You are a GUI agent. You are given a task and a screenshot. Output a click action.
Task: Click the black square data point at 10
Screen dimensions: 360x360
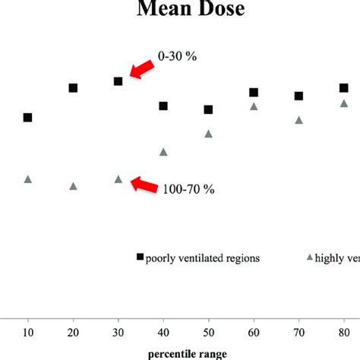pyautogui.click(x=28, y=118)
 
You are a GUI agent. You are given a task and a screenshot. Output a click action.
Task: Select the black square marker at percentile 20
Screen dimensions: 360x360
pyautogui.click(x=73, y=88)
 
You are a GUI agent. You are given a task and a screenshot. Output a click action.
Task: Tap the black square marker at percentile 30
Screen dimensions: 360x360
pyautogui.click(x=118, y=81)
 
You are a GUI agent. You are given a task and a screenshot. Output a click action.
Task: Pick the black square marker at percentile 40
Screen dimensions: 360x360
pyautogui.click(x=163, y=106)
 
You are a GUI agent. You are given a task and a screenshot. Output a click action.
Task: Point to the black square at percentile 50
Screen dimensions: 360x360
pyautogui.click(x=208, y=110)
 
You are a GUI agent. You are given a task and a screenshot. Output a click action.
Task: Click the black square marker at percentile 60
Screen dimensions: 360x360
pyautogui.click(x=254, y=93)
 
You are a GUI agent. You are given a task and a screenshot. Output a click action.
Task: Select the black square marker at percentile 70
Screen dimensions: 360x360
pyautogui.click(x=298, y=96)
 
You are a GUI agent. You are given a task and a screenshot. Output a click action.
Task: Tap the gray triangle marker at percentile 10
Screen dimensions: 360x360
pyautogui.click(x=28, y=179)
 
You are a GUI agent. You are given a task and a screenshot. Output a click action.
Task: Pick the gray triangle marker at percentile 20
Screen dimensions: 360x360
pyautogui.click(x=73, y=186)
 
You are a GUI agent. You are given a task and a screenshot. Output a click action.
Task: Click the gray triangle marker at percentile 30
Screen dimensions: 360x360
pyautogui.click(x=118, y=179)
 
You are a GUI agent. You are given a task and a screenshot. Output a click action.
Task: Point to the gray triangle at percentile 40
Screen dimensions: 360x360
pyautogui.click(x=163, y=152)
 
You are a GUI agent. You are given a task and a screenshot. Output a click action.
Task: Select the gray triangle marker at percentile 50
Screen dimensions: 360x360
pyautogui.click(x=208, y=134)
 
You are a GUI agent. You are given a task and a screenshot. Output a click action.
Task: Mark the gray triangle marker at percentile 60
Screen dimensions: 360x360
pyautogui.click(x=254, y=106)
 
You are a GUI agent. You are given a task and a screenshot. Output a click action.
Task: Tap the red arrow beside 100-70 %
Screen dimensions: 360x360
pyautogui.click(x=143, y=185)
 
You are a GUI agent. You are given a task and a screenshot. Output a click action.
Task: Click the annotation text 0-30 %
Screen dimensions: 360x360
pyautogui.click(x=177, y=56)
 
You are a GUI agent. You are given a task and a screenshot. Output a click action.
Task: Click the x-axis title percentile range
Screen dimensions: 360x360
pyautogui.click(x=186, y=352)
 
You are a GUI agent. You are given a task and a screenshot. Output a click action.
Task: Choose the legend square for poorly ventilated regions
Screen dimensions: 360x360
pyautogui.click(x=140, y=257)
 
